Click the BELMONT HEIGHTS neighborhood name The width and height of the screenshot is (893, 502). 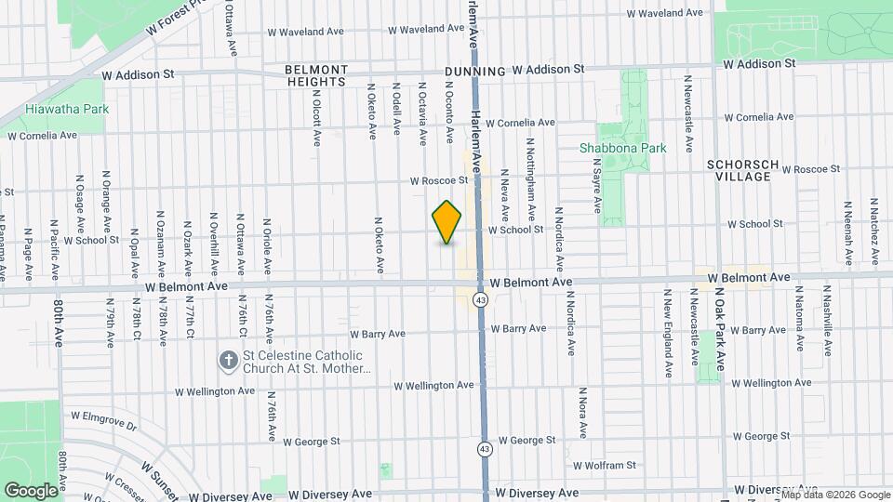pyautogui.click(x=316, y=75)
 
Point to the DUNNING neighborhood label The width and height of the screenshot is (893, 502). pyautogui.click(x=474, y=71)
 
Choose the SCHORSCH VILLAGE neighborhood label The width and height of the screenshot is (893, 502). pyautogui.click(x=740, y=169)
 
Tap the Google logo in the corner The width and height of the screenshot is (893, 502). pyautogui.click(x=31, y=490)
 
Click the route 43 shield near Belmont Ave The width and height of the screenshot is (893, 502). pyautogui.click(x=481, y=300)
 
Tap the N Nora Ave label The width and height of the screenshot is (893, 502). pyautogui.click(x=581, y=413)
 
